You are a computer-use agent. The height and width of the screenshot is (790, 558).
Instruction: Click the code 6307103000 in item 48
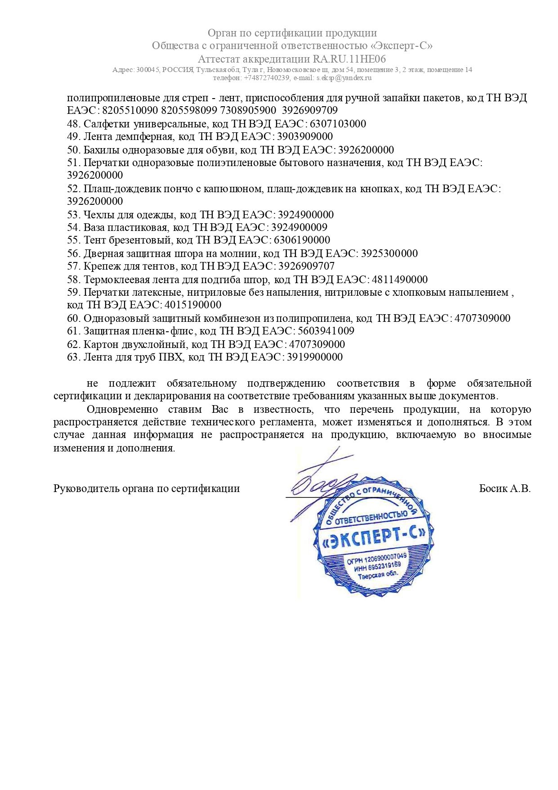(338, 124)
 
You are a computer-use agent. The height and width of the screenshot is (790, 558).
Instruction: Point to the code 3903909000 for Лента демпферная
(305, 136)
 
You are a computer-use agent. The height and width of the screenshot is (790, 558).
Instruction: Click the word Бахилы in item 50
(99, 149)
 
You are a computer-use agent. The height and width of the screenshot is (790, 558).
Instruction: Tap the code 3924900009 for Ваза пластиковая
(299, 227)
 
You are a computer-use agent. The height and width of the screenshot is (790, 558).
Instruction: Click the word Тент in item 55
(94, 240)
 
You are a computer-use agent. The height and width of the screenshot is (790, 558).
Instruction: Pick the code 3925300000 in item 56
(389, 253)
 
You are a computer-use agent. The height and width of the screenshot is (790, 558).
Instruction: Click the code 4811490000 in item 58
(399, 280)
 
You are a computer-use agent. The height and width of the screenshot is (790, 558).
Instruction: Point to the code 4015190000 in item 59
(193, 305)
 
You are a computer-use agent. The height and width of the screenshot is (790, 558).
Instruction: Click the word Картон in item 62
(101, 344)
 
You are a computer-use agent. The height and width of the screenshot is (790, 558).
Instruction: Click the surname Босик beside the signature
(493, 488)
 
